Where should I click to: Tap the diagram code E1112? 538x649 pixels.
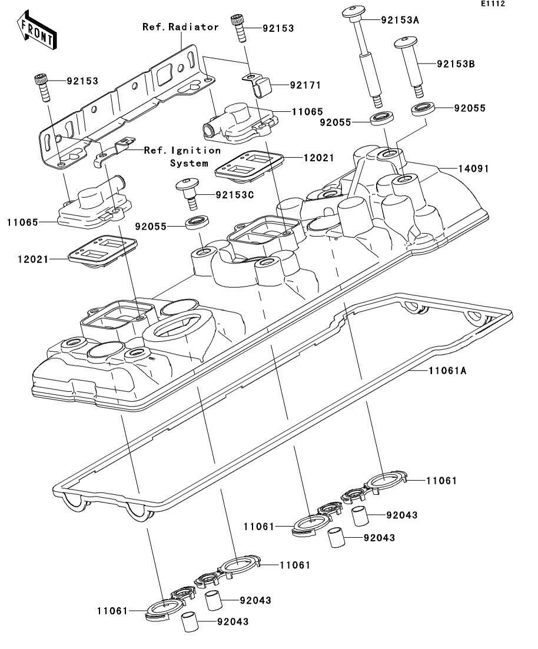click(493, 4)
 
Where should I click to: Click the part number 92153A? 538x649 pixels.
click(400, 20)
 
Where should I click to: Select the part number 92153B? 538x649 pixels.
click(456, 64)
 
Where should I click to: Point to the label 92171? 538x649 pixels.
click(305, 85)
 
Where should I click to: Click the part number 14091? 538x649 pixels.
click(473, 168)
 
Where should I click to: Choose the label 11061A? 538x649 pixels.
click(447, 370)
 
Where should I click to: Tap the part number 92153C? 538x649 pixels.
click(234, 194)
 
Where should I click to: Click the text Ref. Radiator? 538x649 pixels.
click(181, 27)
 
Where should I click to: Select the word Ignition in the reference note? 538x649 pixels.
click(195, 150)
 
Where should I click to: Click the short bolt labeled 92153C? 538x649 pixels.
click(188, 192)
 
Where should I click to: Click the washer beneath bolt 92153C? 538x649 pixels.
click(197, 222)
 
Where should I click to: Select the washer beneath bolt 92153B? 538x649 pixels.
click(423, 108)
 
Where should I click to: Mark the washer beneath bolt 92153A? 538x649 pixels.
click(382, 118)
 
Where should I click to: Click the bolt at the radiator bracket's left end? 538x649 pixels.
click(41, 87)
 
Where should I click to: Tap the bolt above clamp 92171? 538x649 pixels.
click(238, 28)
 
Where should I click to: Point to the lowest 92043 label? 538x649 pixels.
click(233, 622)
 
